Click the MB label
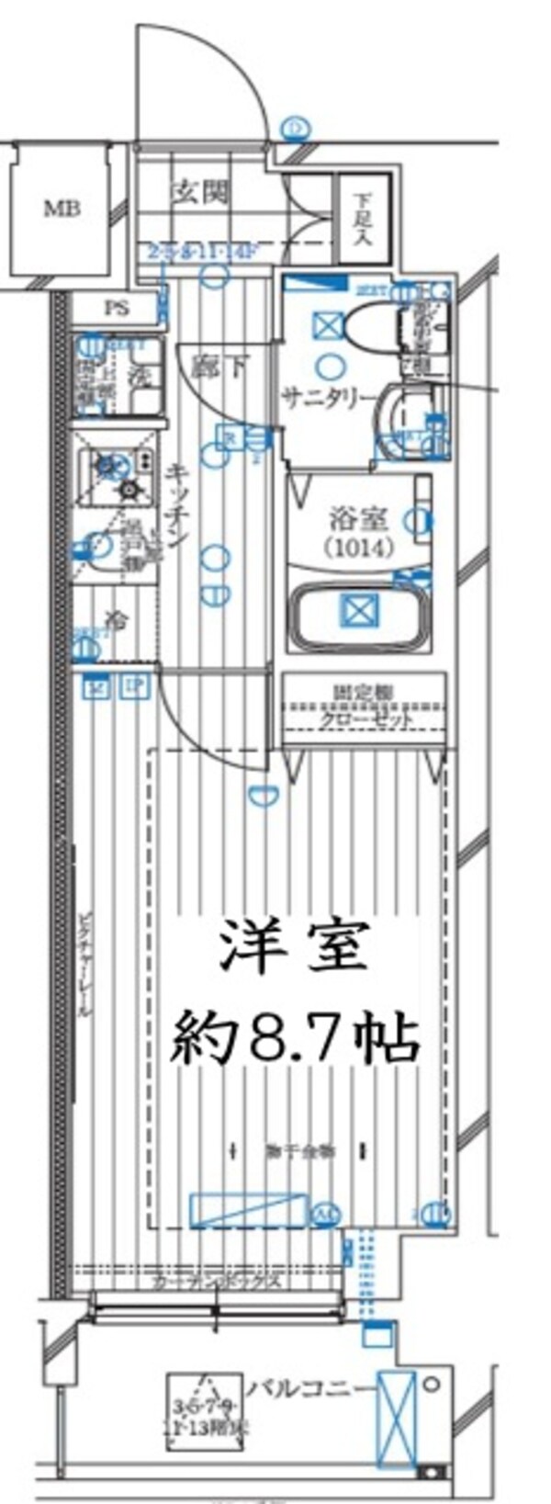[62, 209]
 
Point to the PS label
[117, 309]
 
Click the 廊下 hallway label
[219, 368]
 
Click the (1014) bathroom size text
[358, 548]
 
